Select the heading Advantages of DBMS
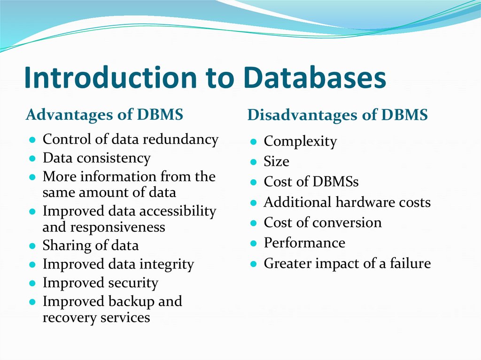click(x=104, y=115)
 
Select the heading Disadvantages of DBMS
click(x=337, y=115)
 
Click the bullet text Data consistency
click(x=96, y=158)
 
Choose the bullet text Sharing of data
click(x=90, y=245)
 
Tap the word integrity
click(x=168, y=264)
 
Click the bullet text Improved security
click(x=100, y=283)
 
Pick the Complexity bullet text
click(x=300, y=141)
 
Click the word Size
click(x=276, y=161)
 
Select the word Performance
click(x=304, y=243)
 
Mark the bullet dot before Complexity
click(x=253, y=142)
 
